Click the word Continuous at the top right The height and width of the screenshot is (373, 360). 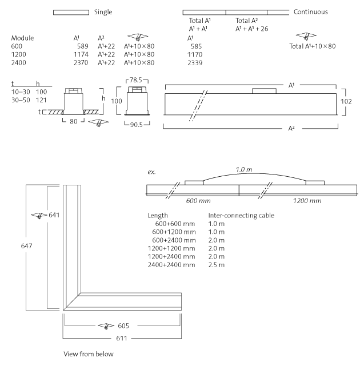click(x=310, y=11)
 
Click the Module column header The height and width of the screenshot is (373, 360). click(x=23, y=38)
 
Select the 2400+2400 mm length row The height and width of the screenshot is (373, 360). click(x=171, y=265)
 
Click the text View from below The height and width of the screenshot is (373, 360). click(x=89, y=354)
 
